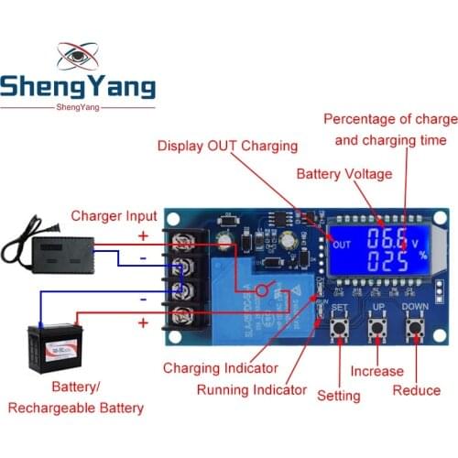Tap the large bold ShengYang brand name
point(78,88)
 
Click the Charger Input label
point(114,217)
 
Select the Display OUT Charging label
point(227,146)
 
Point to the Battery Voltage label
point(343,174)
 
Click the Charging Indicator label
point(220,367)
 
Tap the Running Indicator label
point(252,389)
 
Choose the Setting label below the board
point(339,396)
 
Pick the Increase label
point(376,371)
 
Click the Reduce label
point(417,390)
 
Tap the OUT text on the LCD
point(342,245)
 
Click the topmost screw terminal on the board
point(181,241)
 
